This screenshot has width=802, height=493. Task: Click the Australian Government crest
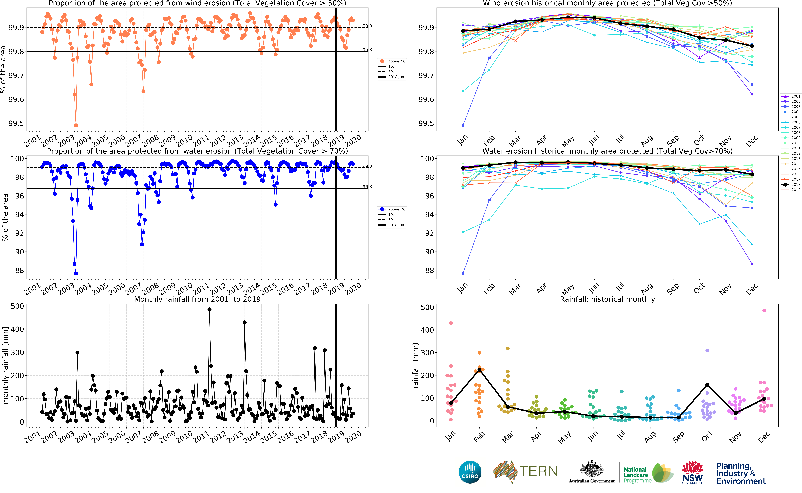point(591,470)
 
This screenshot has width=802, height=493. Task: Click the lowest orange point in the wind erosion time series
point(76,125)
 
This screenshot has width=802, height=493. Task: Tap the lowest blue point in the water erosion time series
point(76,274)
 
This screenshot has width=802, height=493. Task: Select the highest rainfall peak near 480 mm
point(209,309)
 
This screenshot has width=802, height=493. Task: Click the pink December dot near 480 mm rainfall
point(764,310)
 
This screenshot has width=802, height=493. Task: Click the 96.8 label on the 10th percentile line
point(367,187)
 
